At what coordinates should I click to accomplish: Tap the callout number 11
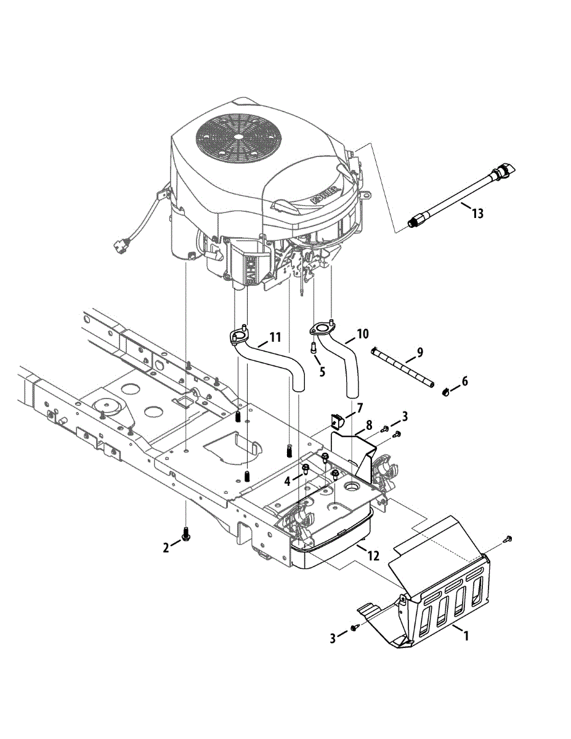(x=274, y=337)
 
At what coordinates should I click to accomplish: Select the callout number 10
(x=362, y=334)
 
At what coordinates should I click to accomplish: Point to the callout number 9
(x=419, y=353)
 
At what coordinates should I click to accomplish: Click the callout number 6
(x=464, y=382)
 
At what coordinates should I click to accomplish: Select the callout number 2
(x=166, y=547)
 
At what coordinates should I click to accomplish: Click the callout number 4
(x=287, y=481)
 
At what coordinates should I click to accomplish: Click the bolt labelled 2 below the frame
(x=185, y=536)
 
